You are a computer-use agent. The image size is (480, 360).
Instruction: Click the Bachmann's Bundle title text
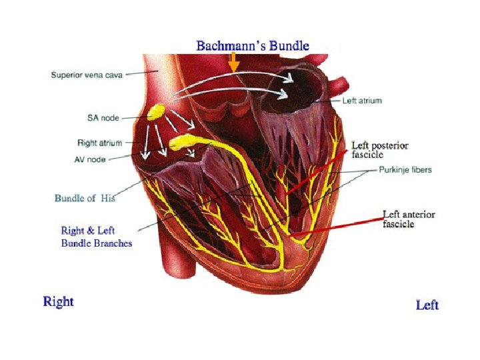coord(252,46)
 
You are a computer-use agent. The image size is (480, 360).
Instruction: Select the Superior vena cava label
coord(86,75)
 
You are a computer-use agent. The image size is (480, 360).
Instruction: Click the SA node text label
coord(103,118)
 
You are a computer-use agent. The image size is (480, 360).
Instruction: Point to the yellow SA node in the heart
coord(158,112)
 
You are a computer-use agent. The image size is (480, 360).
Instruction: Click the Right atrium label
coord(99,142)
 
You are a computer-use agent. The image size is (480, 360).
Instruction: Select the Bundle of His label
coord(85,198)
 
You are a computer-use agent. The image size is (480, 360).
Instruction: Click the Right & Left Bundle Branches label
coord(97,237)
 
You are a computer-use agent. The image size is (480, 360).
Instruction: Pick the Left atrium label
coord(362,101)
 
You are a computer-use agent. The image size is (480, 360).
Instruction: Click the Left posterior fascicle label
coord(380,149)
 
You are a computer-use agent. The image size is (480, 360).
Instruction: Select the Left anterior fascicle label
coord(409,219)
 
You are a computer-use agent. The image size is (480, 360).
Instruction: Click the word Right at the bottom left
coord(59,301)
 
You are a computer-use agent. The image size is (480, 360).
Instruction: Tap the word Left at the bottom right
coord(427,305)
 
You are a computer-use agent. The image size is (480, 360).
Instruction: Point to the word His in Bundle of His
coord(109,198)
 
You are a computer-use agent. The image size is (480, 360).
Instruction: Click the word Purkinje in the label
coord(393,170)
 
